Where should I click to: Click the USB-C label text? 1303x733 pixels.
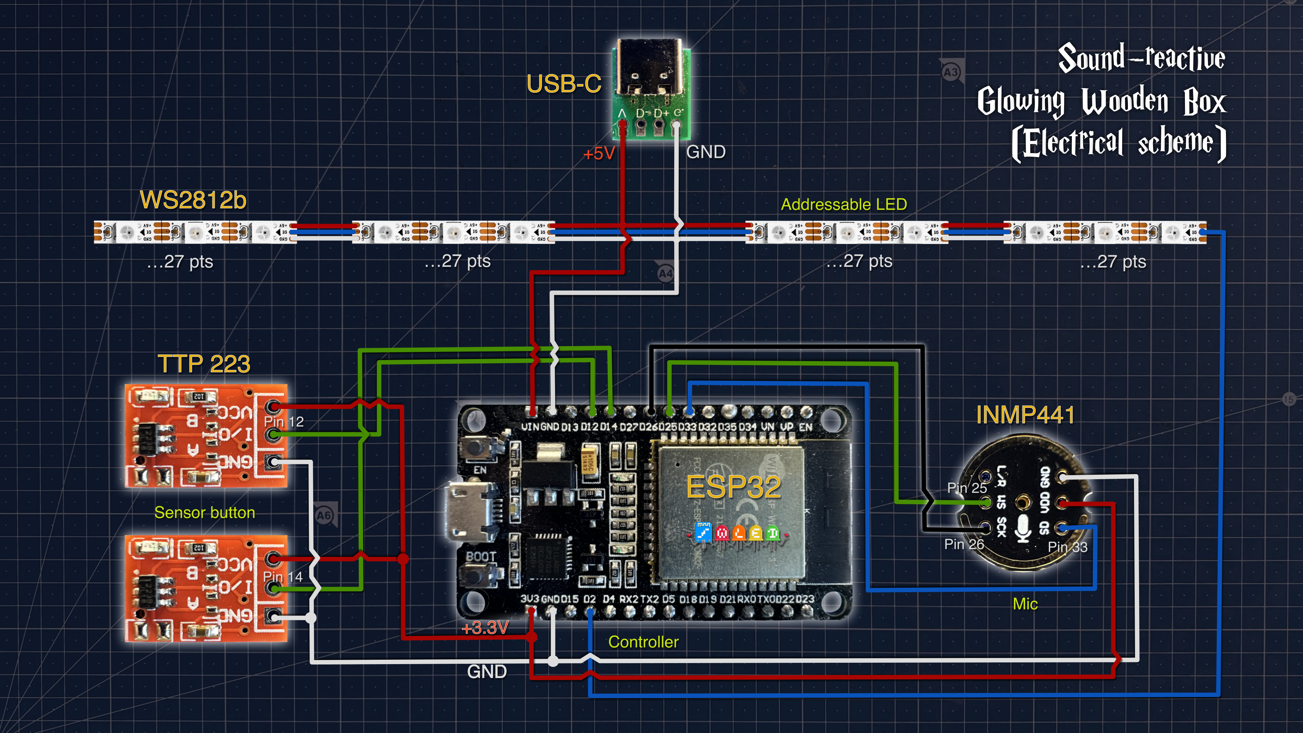pos(564,84)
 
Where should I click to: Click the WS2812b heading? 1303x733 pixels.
pos(193,200)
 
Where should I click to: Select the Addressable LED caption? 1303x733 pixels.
pos(844,204)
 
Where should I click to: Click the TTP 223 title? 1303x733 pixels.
pos(204,364)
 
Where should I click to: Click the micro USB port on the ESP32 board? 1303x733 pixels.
pos(468,511)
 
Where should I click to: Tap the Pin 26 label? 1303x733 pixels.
pos(964,544)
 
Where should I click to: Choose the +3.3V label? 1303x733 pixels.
pos(485,628)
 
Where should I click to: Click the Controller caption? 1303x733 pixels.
pos(643,642)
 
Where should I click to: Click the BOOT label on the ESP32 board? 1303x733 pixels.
pos(480,557)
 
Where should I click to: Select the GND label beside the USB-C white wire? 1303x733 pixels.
pos(706,152)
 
